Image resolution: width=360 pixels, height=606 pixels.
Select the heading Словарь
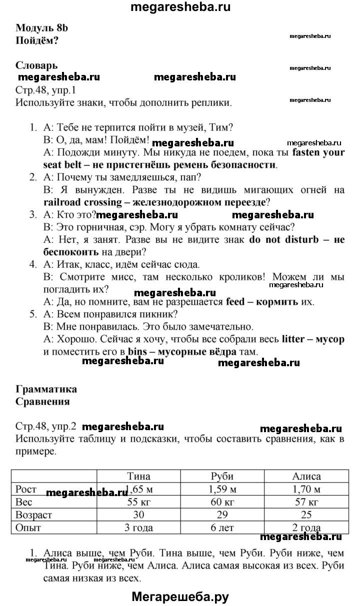click(36, 65)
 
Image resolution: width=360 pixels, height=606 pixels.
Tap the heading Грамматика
click(46, 389)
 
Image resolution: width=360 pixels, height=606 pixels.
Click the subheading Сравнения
click(42, 401)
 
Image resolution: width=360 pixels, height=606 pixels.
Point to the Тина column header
click(138, 476)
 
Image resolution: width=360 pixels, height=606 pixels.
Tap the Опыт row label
click(28, 527)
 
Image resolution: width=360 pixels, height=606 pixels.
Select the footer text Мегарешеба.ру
click(180, 596)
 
